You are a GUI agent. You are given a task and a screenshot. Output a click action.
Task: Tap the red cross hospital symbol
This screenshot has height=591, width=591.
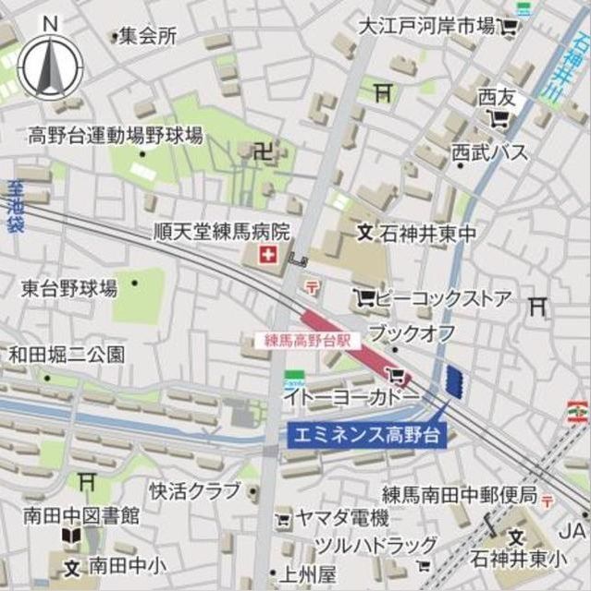269,253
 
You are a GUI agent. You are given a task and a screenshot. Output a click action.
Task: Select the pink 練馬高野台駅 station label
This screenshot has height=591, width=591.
303,340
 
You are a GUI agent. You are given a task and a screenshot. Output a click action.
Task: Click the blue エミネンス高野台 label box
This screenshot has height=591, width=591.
367,433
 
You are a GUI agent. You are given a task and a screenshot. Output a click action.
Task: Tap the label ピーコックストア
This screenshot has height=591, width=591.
444,298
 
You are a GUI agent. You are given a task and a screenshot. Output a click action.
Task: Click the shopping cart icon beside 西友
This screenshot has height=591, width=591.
499,117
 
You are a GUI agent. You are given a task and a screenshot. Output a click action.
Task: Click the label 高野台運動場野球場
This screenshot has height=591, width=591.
114,137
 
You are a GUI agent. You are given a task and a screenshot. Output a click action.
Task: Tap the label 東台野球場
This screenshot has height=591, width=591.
69,288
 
